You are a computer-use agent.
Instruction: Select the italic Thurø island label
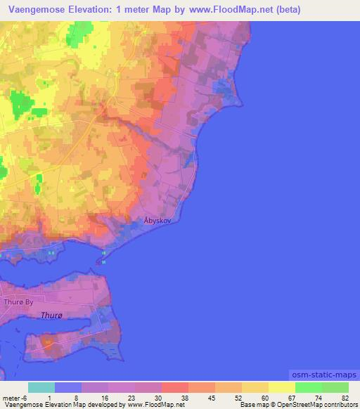[54, 316]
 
